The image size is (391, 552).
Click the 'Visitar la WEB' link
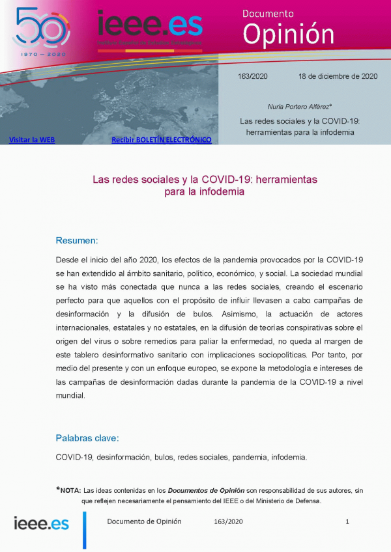coord(31,139)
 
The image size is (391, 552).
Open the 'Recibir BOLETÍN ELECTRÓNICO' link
coord(162,139)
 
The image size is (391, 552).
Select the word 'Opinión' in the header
coord(289,33)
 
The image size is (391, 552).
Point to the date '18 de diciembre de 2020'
coord(338,76)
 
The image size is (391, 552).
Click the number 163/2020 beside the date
coord(252,76)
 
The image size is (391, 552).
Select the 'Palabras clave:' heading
coord(87,438)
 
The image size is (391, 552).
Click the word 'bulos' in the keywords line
coord(163,457)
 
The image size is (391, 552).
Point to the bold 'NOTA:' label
coord(70,490)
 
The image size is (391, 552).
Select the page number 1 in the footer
coord(347,521)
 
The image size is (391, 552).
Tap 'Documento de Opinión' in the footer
coord(144,521)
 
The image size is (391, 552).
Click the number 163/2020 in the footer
coord(228,521)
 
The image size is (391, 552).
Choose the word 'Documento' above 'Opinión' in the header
coord(268,13)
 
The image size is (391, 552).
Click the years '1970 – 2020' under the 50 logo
coord(41,54)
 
